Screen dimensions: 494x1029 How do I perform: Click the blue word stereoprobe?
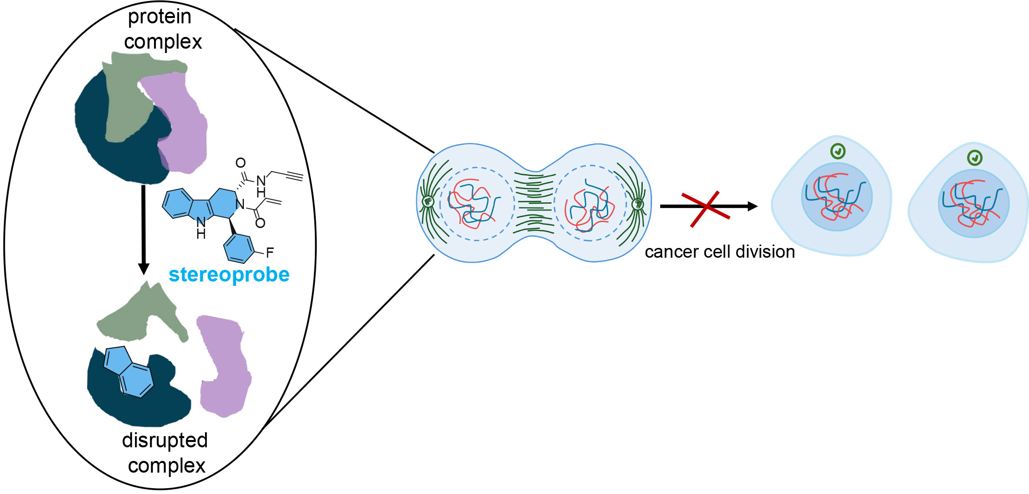coord(229,275)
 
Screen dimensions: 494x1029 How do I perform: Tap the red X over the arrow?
coord(705,209)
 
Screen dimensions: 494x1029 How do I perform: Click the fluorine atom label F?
coord(270,252)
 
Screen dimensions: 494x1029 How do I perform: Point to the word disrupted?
coord(165,441)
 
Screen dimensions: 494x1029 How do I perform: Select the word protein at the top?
coord(159,17)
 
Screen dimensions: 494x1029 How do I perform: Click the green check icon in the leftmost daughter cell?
coord(838,152)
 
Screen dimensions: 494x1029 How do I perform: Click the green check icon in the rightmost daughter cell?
coord(975,158)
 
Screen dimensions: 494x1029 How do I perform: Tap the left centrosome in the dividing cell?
coord(428,201)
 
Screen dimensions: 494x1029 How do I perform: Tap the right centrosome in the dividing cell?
coord(638,204)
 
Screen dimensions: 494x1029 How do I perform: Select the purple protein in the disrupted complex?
coord(224,365)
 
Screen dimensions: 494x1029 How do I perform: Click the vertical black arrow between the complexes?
coord(143,229)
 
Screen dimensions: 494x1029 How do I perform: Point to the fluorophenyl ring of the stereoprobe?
coord(239,248)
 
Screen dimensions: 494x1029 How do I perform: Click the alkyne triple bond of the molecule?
coord(294,176)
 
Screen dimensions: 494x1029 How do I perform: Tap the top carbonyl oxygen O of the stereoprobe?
coord(240,163)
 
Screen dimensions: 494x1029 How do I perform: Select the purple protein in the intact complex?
coord(182,122)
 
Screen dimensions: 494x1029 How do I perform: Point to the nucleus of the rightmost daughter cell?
coord(974,203)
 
